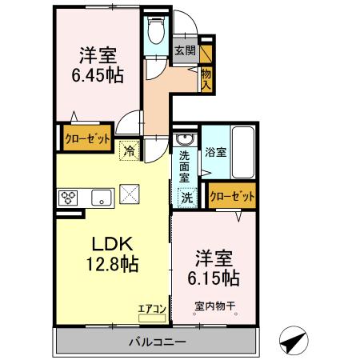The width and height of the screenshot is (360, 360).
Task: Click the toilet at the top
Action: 155,34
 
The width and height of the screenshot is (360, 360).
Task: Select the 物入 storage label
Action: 206,77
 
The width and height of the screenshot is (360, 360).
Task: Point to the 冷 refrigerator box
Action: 129,149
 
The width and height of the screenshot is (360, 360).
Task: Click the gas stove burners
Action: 66,198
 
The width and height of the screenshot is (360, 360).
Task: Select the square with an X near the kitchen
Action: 129,194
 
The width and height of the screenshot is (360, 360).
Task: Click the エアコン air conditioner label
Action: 151,307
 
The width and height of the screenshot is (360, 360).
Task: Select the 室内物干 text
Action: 214,304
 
